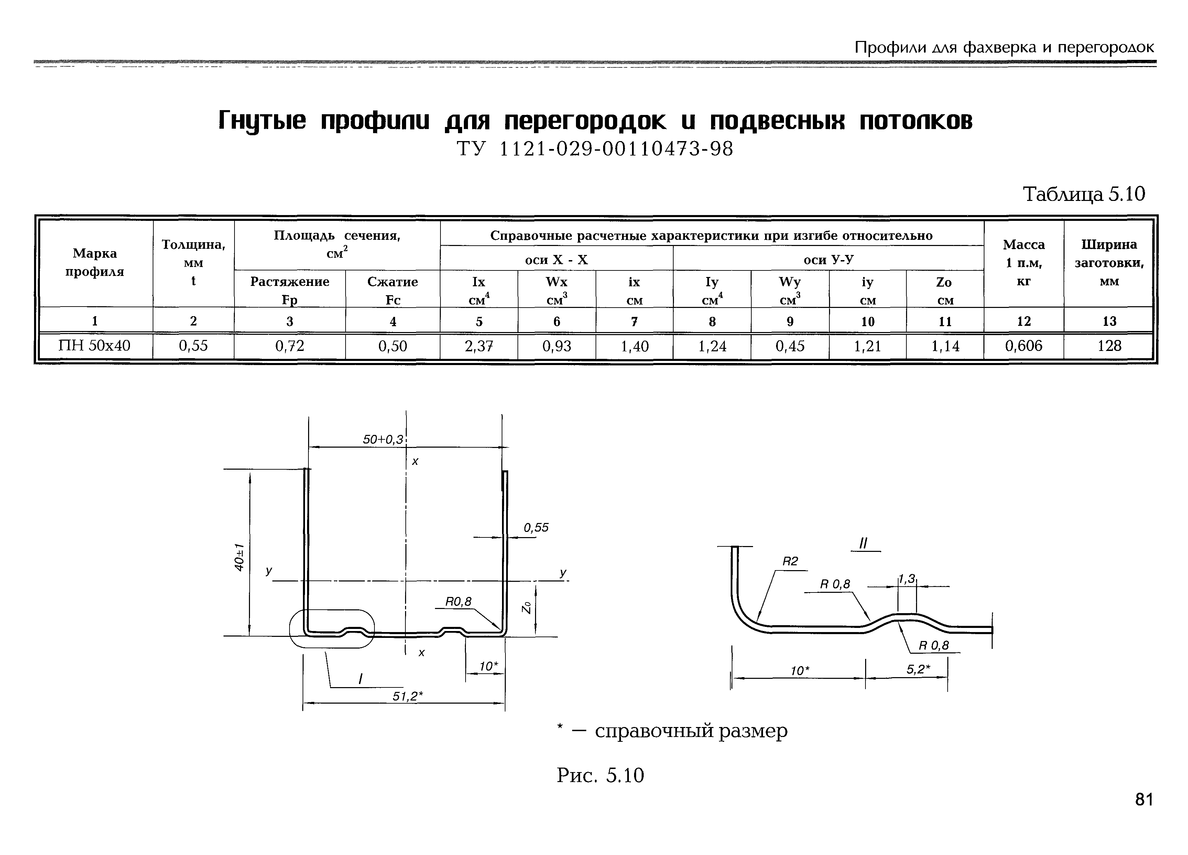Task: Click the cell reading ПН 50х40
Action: (95, 346)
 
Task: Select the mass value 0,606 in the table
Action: (1024, 346)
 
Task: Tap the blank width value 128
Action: (1109, 346)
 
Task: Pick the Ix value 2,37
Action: (479, 346)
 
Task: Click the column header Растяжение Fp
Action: (290, 290)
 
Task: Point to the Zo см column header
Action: (945, 290)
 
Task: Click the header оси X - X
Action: (556, 259)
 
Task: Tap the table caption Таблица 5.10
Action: (1084, 194)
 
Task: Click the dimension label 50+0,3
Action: (383, 439)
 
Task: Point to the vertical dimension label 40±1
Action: (239, 557)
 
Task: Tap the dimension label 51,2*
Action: (407, 696)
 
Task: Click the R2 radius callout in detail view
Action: (790, 562)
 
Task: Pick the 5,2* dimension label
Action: (918, 670)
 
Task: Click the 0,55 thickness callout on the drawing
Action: (536, 527)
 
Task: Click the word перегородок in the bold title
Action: (585, 121)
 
